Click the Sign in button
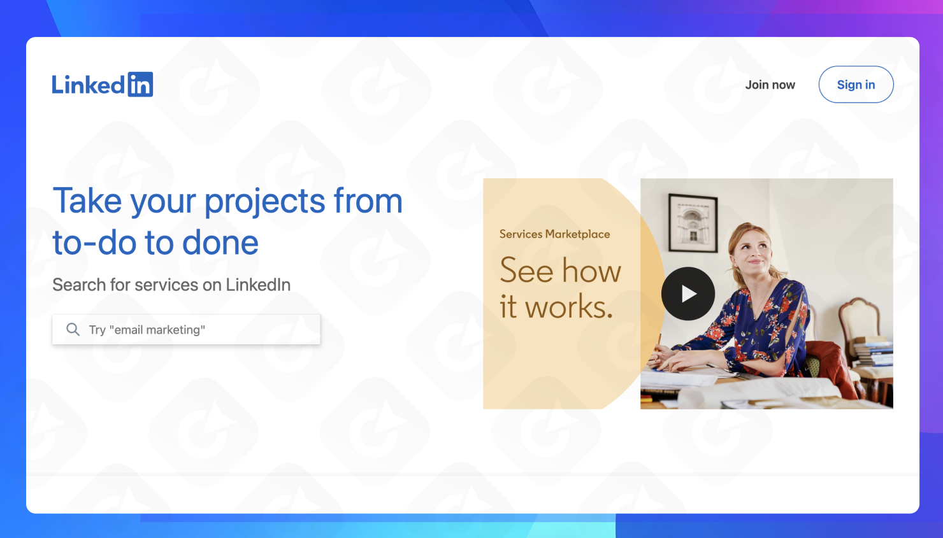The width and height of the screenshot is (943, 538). point(856,85)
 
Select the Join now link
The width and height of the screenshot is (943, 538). point(770,85)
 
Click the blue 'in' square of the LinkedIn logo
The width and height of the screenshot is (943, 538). point(140,85)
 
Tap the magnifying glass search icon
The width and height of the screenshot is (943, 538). point(73,329)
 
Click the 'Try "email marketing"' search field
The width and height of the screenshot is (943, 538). point(191,330)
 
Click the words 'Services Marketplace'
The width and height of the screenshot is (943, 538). point(554,234)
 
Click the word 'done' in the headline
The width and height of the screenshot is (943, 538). point(220,243)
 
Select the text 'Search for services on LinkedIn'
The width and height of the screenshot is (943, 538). point(171,285)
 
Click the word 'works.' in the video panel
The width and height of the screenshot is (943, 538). point(568,308)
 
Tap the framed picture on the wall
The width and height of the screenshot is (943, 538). point(693,222)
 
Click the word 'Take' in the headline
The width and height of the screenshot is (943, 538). point(87,201)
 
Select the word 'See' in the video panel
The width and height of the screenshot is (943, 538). point(526,271)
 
